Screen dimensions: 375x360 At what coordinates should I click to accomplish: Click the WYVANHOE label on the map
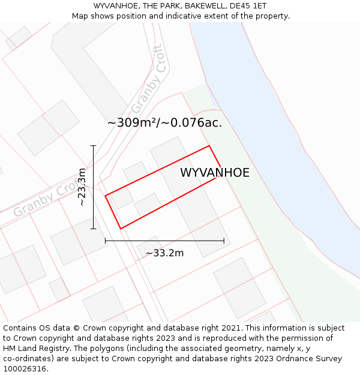click(x=214, y=173)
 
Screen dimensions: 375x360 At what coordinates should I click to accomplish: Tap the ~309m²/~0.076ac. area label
click(x=164, y=122)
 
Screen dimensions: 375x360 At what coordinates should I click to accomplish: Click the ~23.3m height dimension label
click(x=82, y=187)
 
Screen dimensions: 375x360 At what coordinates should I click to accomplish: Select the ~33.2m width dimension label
click(x=164, y=253)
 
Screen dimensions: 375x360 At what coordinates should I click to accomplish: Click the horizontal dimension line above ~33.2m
click(x=164, y=241)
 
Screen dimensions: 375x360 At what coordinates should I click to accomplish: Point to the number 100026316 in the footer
click(x=25, y=369)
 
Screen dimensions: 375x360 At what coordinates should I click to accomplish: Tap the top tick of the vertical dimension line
click(x=93, y=146)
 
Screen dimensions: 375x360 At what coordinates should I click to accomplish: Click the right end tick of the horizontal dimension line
click(x=224, y=241)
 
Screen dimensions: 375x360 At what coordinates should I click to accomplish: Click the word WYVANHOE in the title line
click(x=117, y=6)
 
